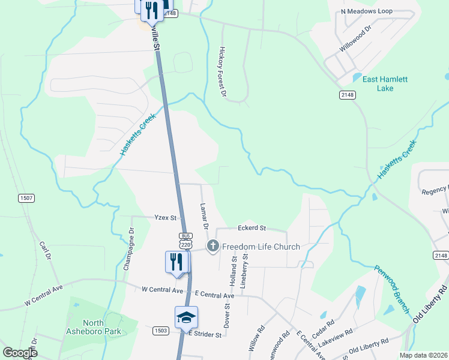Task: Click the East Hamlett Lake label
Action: coord(385,83)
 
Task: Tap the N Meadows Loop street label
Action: coord(366,11)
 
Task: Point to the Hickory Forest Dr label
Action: coord(222,72)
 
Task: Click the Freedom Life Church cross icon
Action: coord(212,247)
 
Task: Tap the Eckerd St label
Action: coord(252,228)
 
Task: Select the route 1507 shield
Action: coord(26,198)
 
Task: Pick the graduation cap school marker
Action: coord(187,316)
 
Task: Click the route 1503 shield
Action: coord(160,330)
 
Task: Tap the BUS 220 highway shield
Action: coord(185,240)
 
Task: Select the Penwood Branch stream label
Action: coord(392,289)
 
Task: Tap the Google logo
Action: coord(20,353)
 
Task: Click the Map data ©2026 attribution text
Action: coord(423,355)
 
